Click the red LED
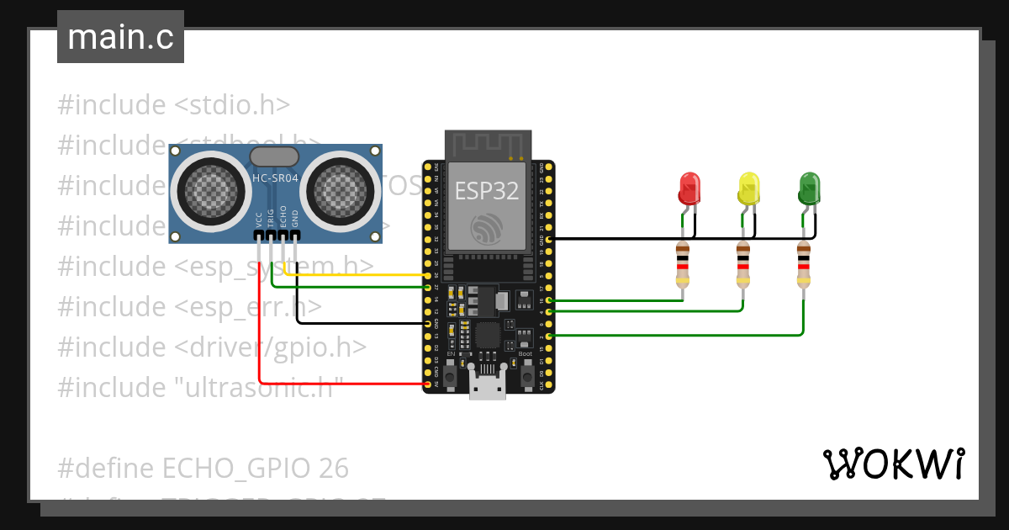pyautogui.click(x=689, y=188)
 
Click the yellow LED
pyautogui.click(x=748, y=188)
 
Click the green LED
pyautogui.click(x=809, y=188)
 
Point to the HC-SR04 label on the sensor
pyautogui.click(x=274, y=178)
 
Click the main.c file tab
pyautogui.click(x=120, y=37)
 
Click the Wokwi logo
pyautogui.click(x=893, y=464)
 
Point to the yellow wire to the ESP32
pyautogui.click(x=362, y=274)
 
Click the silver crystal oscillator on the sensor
pyautogui.click(x=274, y=156)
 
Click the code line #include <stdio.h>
pyautogui.click(x=173, y=105)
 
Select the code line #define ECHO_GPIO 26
pyautogui.click(x=203, y=468)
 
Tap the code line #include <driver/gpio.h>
pyautogui.click(x=212, y=347)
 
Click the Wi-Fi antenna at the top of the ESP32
pyautogui.click(x=488, y=144)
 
